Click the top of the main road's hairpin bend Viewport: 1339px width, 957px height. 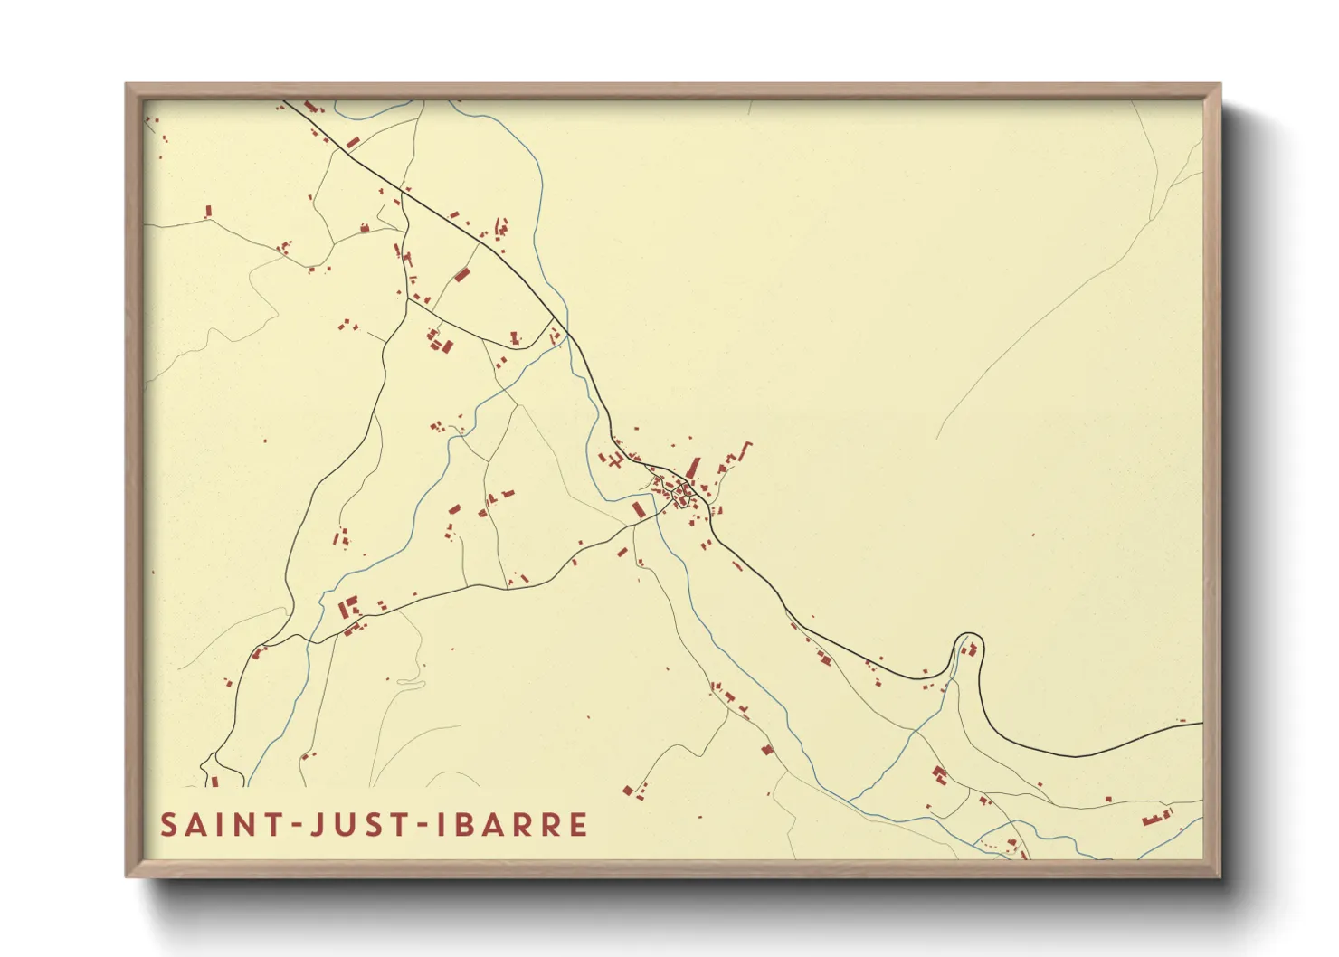(967, 634)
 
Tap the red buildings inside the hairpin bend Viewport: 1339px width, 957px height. (970, 649)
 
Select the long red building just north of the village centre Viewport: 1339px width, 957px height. (695, 468)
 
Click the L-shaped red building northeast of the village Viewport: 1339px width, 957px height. (744, 450)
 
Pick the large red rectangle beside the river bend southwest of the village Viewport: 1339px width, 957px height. (638, 510)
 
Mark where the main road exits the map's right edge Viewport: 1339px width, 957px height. (1201, 724)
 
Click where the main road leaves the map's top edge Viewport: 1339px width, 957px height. (286, 101)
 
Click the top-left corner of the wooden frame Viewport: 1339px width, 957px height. (128, 85)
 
